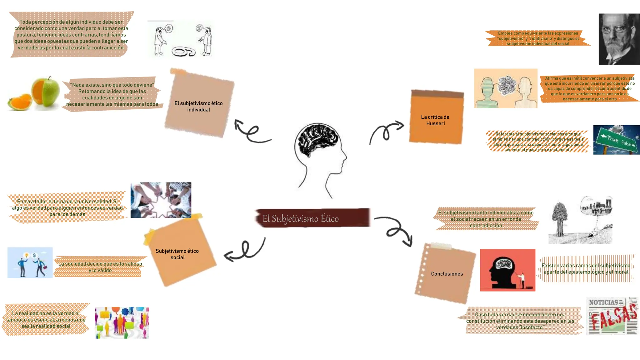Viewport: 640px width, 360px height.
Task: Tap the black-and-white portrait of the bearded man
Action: pos(619,39)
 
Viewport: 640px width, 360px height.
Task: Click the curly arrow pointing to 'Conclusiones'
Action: pos(395,230)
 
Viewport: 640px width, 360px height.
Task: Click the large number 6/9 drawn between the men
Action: pos(184,52)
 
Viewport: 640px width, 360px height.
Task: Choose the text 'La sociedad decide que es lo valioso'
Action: pos(100,264)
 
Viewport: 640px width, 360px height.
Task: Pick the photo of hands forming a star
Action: pos(161,200)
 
